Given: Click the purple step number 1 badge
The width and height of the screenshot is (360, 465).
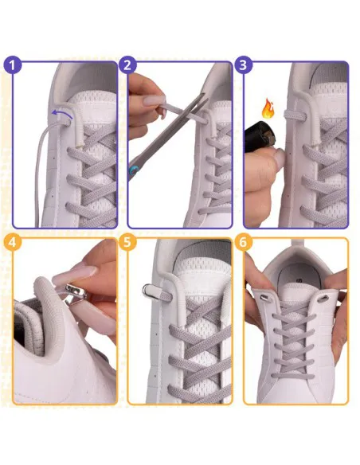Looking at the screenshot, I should point(12,65).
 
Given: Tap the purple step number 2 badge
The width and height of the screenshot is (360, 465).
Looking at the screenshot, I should point(127,65).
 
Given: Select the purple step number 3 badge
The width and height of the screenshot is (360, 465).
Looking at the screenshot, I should point(244,65).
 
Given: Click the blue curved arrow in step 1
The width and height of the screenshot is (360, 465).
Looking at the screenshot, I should point(60,114).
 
